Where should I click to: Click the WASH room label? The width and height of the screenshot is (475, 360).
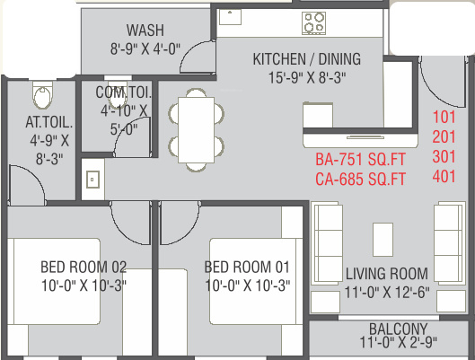145,31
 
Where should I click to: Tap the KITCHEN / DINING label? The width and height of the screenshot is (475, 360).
307,59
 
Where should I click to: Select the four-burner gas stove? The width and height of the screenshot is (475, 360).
314,23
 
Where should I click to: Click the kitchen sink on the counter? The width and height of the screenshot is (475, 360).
230,17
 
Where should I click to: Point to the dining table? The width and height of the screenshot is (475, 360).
197,130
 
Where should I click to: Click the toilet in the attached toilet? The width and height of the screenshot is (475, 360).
42,95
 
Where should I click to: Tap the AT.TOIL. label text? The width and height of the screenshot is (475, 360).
49,122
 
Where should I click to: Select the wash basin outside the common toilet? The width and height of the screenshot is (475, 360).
92,180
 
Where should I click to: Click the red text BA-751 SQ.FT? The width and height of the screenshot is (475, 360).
360,159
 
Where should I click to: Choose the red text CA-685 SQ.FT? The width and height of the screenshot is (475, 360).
360,179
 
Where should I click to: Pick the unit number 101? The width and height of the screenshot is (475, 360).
444,118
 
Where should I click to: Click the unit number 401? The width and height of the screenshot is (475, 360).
444,177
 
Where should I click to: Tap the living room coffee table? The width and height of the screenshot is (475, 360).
383,240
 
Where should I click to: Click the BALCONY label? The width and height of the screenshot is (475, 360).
399,329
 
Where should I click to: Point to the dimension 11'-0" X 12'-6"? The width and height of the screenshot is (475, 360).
387,293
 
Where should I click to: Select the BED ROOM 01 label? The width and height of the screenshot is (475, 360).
247,267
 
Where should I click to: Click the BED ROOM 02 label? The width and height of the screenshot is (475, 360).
84,267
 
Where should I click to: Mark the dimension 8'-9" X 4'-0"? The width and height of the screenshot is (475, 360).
145,48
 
